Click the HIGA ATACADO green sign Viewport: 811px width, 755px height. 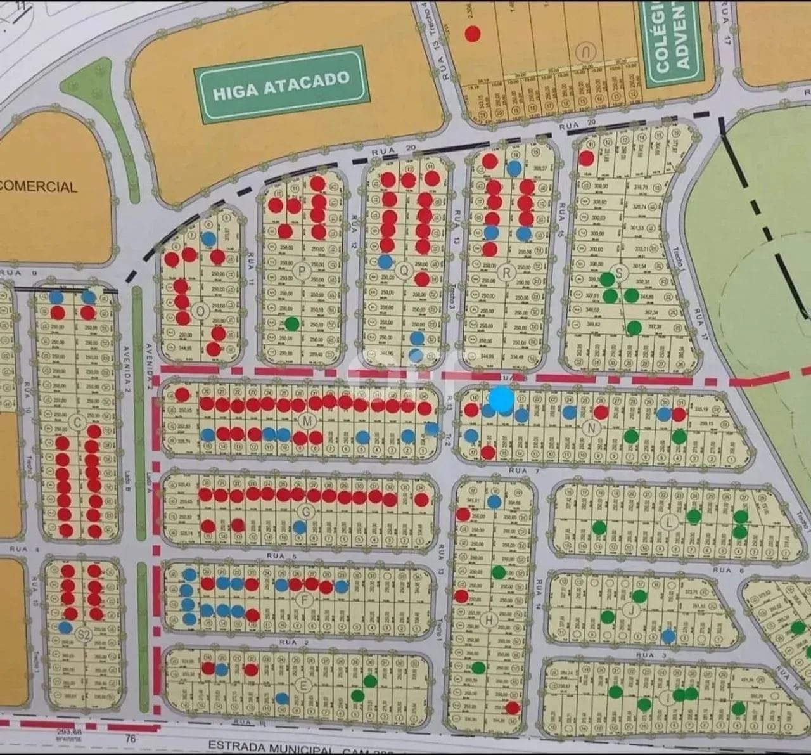point(281,85)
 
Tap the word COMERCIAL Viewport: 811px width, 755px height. point(38,187)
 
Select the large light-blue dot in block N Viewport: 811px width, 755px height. point(502,400)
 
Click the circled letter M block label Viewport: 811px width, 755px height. point(308,422)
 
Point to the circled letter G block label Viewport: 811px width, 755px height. point(308,511)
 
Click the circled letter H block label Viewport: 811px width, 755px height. point(489,621)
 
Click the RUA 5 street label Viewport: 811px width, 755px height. point(282,557)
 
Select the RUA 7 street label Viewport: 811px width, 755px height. point(518,470)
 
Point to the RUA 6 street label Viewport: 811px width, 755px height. point(722,570)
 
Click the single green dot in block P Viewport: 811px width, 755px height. point(291,324)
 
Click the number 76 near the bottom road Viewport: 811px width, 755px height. point(131,738)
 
